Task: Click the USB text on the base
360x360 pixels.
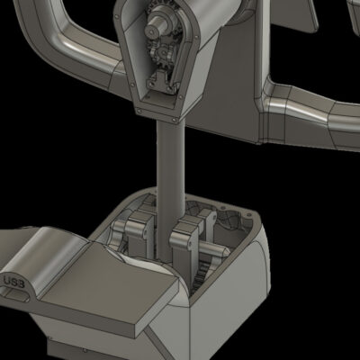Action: coord(14,282)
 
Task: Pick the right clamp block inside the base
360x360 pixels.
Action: coord(186,237)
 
